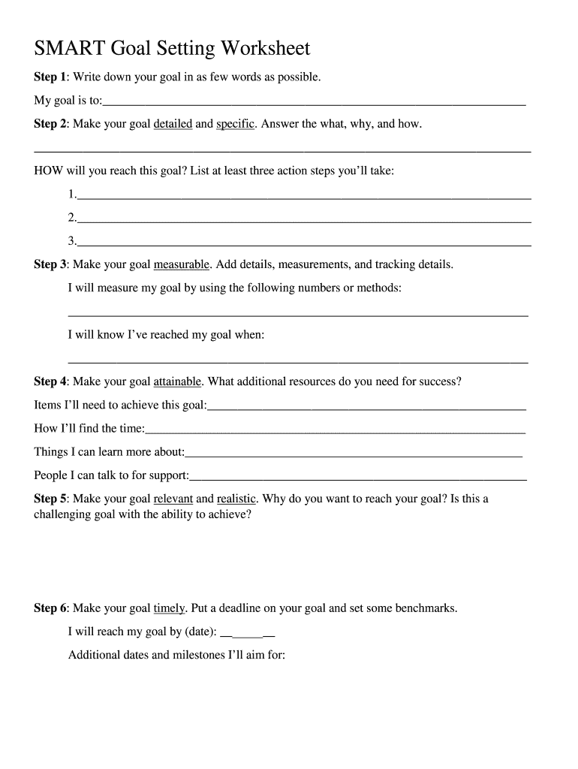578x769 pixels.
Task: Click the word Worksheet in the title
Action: click(265, 49)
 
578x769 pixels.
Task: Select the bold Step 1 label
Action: click(50, 77)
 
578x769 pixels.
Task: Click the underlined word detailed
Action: click(173, 124)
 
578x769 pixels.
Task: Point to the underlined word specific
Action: click(236, 124)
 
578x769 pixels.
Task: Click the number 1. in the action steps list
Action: click(72, 195)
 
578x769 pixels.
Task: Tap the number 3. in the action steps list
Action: click(72, 241)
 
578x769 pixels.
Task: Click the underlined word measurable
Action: click(182, 264)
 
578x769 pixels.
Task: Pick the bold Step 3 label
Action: click(50, 264)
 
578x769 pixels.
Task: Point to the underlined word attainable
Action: click(177, 381)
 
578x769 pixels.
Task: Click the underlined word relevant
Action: click(173, 499)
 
